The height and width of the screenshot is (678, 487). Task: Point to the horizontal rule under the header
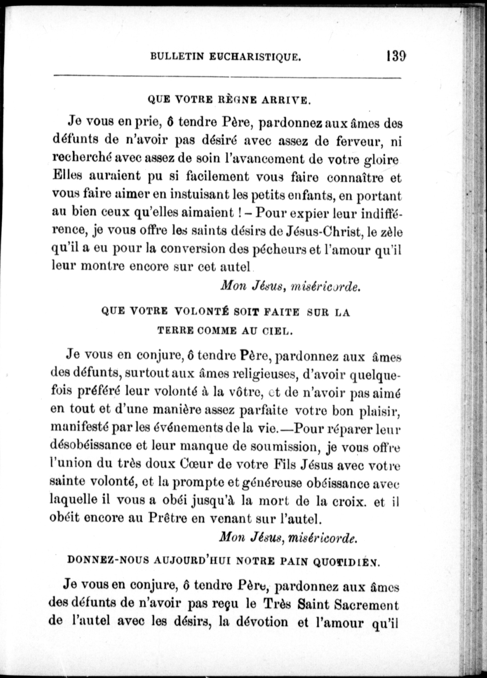tap(228, 77)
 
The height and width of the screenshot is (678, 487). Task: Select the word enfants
tap(311, 196)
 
